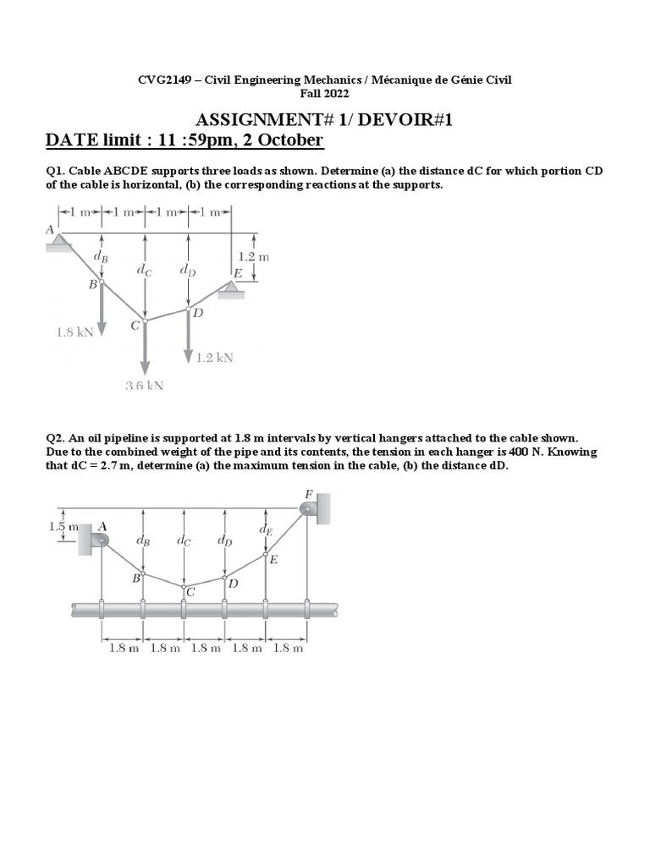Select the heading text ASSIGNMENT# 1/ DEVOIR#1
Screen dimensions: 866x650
pyautogui.click(x=325, y=120)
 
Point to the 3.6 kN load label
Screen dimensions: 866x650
pyautogui.click(x=144, y=386)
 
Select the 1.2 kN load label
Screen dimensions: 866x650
pyautogui.click(x=214, y=358)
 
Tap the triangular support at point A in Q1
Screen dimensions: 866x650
pyautogui.click(x=58, y=242)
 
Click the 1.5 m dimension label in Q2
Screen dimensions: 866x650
pyautogui.click(x=62, y=527)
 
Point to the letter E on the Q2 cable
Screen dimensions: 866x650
pyautogui.click(x=273, y=559)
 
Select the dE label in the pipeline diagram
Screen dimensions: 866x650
pyautogui.click(x=267, y=530)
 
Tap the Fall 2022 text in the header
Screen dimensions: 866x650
pyautogui.click(x=325, y=93)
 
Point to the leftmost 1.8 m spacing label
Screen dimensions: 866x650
pyautogui.click(x=123, y=649)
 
